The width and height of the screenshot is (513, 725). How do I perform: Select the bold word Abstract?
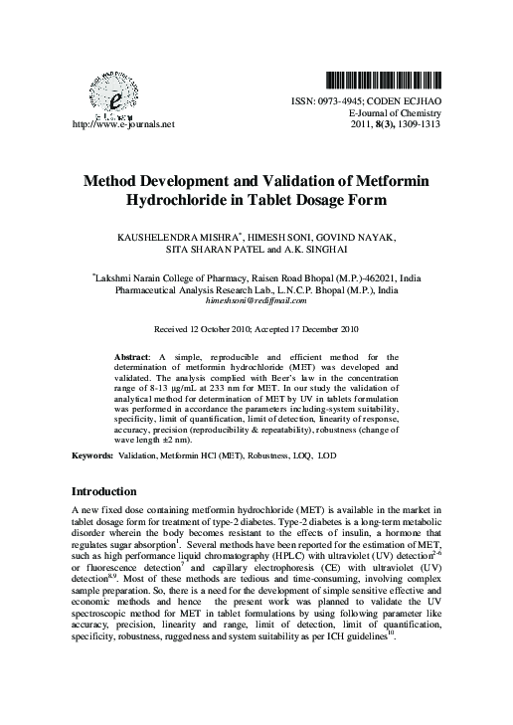click(133, 355)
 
